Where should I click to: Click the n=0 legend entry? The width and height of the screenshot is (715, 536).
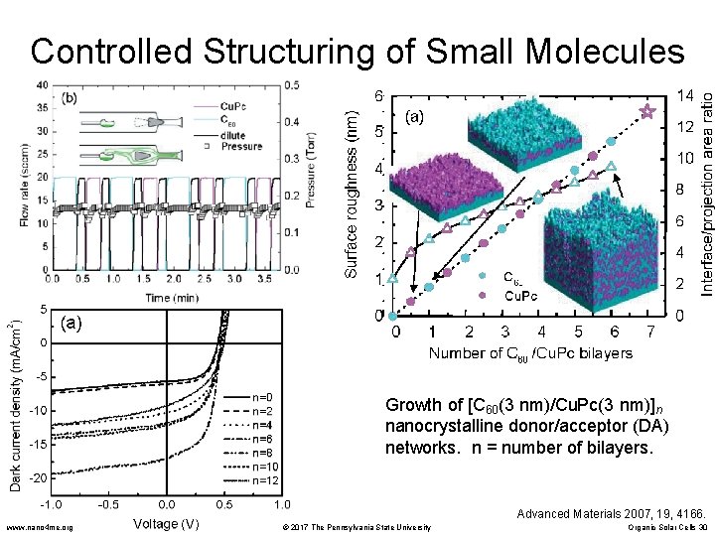coord(262,397)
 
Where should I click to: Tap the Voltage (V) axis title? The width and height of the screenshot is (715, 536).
coord(166,522)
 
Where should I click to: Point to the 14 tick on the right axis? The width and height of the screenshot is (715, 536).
coord(685,96)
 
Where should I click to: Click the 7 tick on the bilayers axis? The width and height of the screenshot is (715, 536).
coord(650,331)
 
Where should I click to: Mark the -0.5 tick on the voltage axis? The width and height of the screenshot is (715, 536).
coord(108,504)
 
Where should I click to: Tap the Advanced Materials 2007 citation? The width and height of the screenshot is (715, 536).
coord(611,512)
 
